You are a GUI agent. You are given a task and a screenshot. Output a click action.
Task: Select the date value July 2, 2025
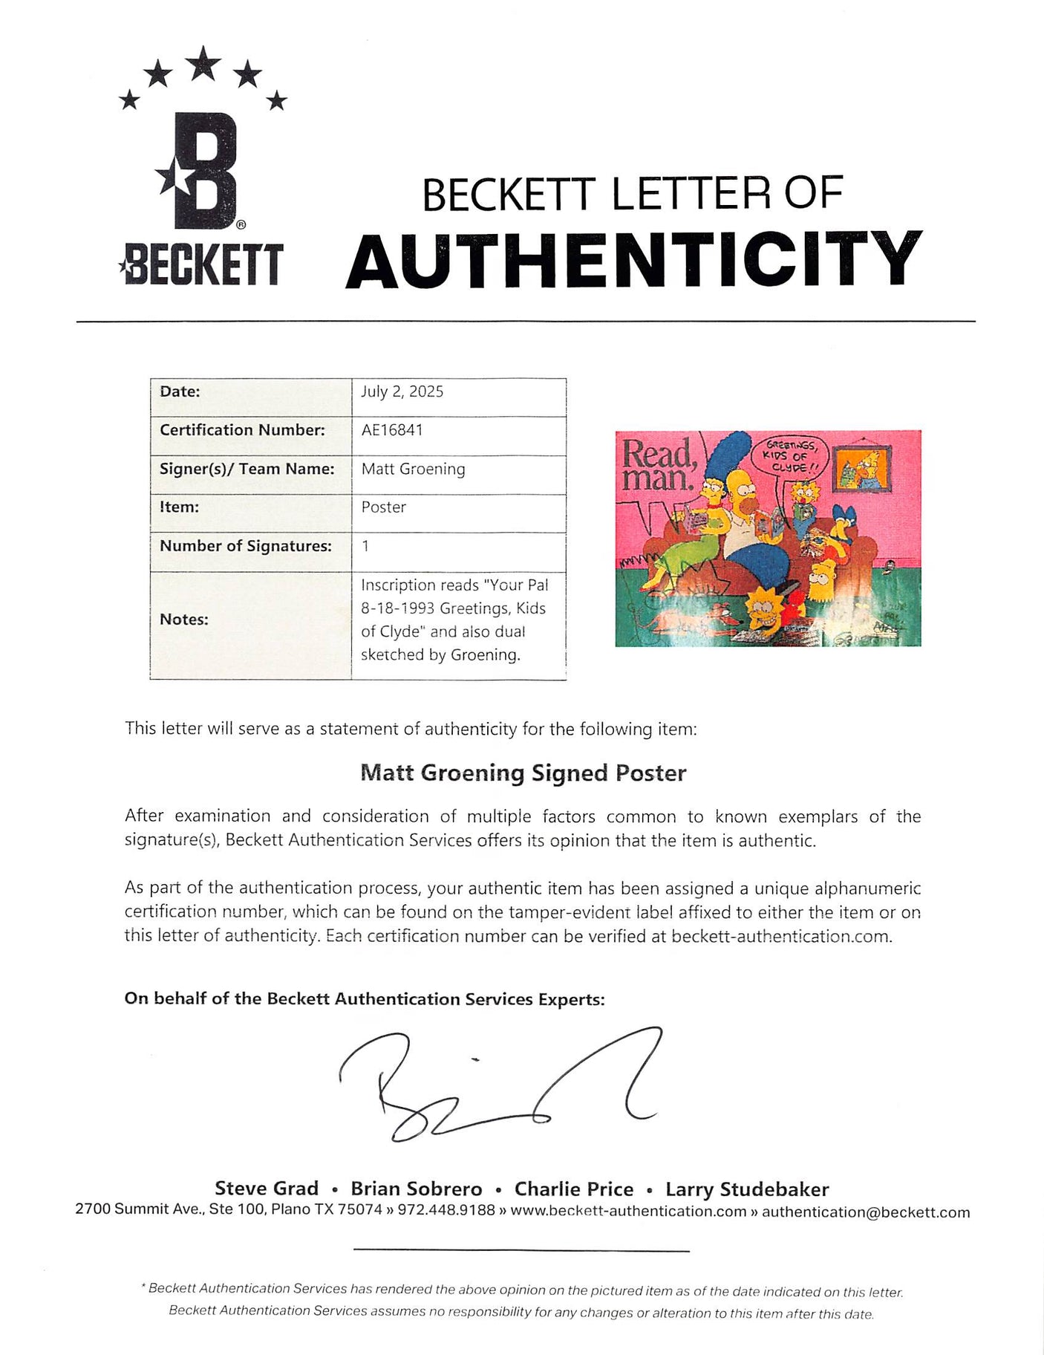pyautogui.click(x=402, y=391)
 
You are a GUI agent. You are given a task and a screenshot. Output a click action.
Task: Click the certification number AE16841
pyautogui.click(x=392, y=430)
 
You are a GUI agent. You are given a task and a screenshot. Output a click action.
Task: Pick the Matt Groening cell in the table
pyautogui.click(x=413, y=469)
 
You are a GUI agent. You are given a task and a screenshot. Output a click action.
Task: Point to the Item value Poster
pyautogui.click(x=383, y=507)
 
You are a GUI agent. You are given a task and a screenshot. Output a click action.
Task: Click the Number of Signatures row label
pyautogui.click(x=245, y=546)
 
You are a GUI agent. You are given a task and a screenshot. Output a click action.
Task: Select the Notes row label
pyautogui.click(x=183, y=620)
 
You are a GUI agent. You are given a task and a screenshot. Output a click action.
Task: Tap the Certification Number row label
pyautogui.click(x=242, y=430)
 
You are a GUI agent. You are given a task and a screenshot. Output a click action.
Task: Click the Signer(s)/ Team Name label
pyautogui.click(x=247, y=469)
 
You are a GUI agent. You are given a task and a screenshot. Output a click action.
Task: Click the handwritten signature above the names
pyautogui.click(x=497, y=1085)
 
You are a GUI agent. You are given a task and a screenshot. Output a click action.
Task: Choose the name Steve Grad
pyautogui.click(x=267, y=1189)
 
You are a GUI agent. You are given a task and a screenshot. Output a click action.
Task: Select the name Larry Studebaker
pyautogui.click(x=747, y=1189)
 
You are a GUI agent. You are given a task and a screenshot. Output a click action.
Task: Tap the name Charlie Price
pyautogui.click(x=574, y=1189)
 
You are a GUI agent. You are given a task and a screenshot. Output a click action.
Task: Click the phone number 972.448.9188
pyautogui.click(x=446, y=1210)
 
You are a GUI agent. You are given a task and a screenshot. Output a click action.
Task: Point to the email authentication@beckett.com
pyautogui.click(x=866, y=1212)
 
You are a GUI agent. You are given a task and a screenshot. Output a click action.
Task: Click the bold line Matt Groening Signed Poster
pyautogui.click(x=523, y=773)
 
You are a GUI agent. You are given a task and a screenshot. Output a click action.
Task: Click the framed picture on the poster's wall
pyautogui.click(x=861, y=469)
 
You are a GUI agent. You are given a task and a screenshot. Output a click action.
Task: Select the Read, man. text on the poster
pyautogui.click(x=657, y=465)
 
